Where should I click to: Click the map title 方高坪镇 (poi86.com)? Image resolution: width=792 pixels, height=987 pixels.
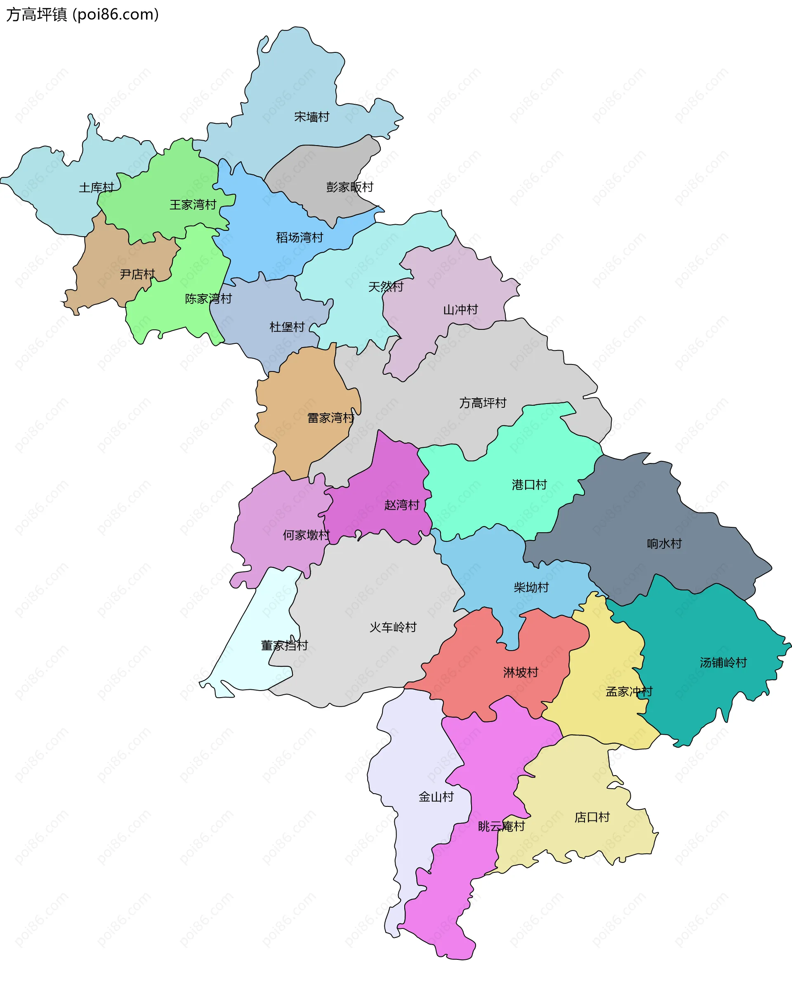[x=82, y=15]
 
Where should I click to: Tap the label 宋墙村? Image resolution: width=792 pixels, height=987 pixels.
[x=311, y=117]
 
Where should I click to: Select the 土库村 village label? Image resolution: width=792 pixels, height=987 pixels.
[x=96, y=188]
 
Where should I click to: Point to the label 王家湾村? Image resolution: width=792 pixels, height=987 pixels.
[x=193, y=204]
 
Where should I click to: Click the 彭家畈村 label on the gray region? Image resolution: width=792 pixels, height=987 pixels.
[x=349, y=187]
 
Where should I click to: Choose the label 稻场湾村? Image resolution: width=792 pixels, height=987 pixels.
[x=299, y=237]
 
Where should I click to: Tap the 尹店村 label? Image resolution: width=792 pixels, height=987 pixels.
[x=137, y=274]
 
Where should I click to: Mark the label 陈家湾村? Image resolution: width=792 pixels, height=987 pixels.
[x=208, y=299]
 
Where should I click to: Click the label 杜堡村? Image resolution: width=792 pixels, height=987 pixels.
[x=287, y=327]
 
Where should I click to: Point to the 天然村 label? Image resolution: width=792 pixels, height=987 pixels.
[x=386, y=287]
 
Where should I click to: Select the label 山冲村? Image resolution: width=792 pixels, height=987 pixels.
[x=460, y=310]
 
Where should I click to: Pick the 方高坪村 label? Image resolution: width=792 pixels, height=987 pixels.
[x=483, y=403]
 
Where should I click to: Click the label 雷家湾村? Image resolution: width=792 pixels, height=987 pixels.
[x=331, y=418]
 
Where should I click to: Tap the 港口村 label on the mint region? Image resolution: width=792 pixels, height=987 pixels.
[x=529, y=485]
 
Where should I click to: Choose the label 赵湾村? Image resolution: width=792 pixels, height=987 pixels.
[x=402, y=505]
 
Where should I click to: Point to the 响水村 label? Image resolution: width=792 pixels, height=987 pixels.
[x=664, y=544]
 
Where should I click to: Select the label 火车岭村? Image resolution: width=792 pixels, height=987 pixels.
[x=393, y=627]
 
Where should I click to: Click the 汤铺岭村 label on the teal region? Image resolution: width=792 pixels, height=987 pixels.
[x=723, y=663]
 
